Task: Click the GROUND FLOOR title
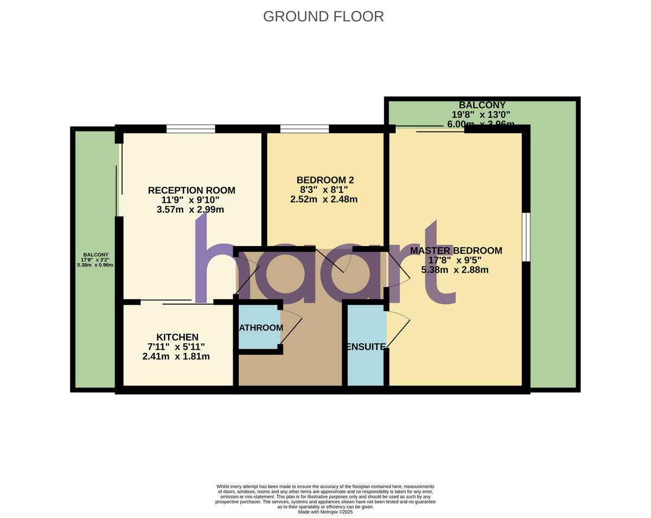point(323,16)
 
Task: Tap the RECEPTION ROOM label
point(192,190)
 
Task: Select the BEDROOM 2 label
point(325,180)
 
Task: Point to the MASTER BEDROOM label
point(456,250)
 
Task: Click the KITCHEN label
point(177,337)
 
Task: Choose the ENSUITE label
point(366,346)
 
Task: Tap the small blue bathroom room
point(259,327)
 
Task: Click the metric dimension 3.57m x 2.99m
point(190,210)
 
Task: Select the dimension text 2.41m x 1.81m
point(176,357)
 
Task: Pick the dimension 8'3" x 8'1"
point(323,189)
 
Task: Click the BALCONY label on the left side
point(95,255)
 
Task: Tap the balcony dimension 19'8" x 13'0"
point(481,115)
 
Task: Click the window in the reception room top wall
point(190,129)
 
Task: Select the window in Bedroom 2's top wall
point(304,129)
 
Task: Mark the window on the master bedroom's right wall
point(526,237)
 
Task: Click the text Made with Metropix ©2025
point(325,511)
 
